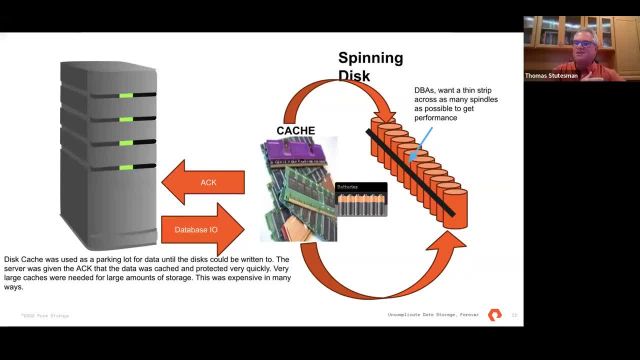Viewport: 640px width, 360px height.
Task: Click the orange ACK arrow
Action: tap(205, 181)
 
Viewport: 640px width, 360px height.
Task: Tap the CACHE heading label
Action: tap(296, 130)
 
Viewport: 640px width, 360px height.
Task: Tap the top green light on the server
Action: tap(126, 96)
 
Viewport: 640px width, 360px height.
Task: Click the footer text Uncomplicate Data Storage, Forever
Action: tap(433, 316)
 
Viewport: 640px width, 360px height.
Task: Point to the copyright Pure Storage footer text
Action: tap(44, 316)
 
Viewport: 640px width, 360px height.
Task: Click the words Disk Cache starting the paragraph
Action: tap(22, 258)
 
